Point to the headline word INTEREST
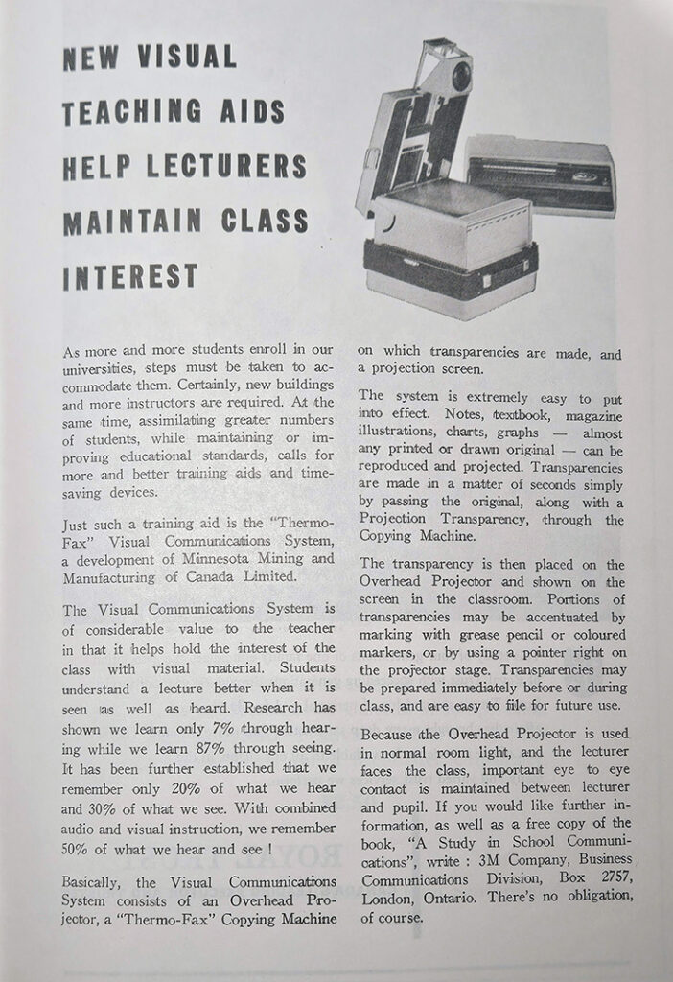point(129,276)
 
